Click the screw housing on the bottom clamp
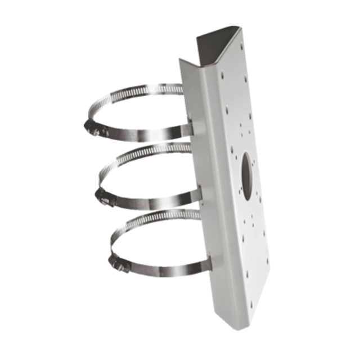pyautogui.click(x=119, y=263)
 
